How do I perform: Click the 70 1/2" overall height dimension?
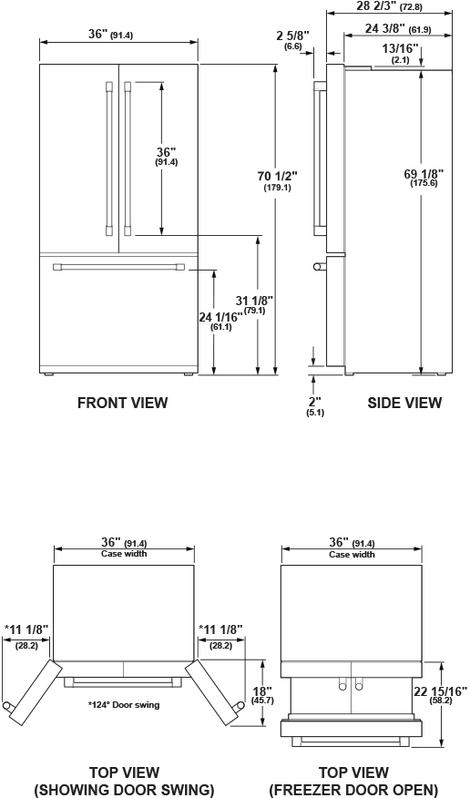pos(278,180)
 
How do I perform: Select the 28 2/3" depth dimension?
pos(390,6)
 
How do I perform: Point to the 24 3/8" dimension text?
pos(398,29)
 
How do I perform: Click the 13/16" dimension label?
pos(400,53)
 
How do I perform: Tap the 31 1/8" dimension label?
pos(254,304)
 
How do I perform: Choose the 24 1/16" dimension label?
pos(220,322)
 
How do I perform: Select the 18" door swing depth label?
pos(262,695)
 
